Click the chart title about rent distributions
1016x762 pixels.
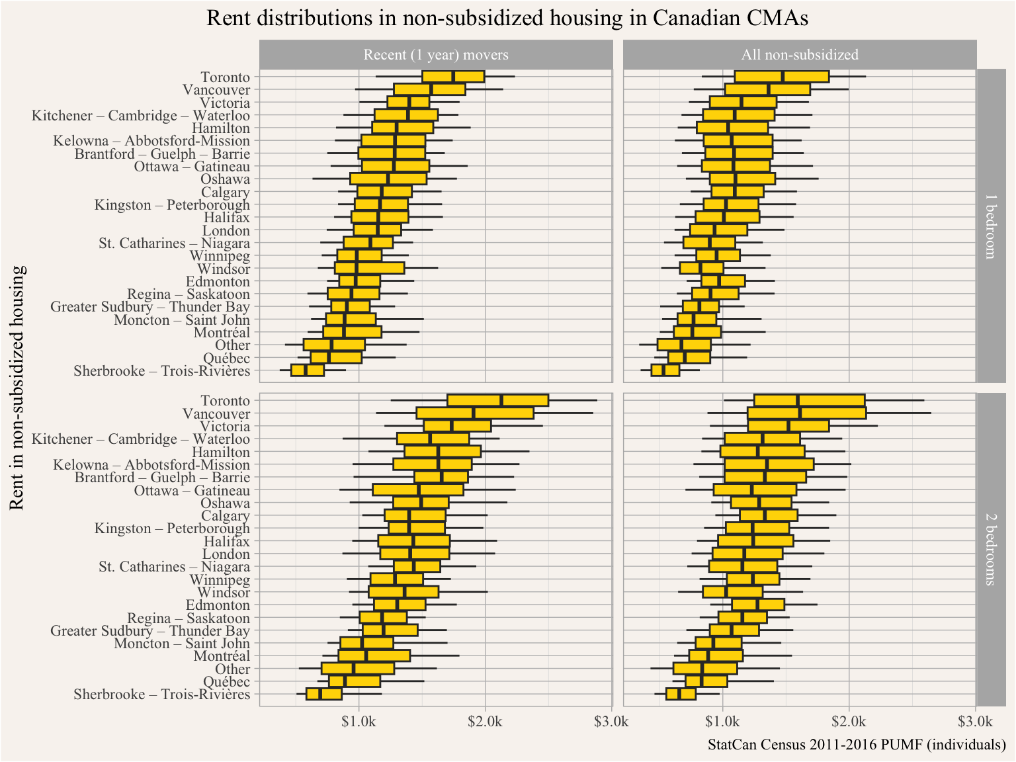coord(507,18)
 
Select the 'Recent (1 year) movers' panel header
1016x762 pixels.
coord(436,55)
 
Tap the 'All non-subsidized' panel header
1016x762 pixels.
coord(800,55)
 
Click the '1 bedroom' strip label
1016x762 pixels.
coord(990,226)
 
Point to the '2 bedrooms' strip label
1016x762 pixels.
coord(990,549)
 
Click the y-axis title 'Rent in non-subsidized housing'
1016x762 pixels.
coord(18,388)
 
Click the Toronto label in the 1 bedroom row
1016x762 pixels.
coord(225,77)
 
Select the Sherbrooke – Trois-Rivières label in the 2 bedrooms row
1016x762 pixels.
coord(162,695)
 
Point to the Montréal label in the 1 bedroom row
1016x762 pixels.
coord(222,333)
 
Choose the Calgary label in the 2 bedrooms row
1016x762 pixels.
coord(226,516)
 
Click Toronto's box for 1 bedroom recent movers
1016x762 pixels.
coord(453,77)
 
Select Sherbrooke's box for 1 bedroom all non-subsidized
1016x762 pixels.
coord(665,370)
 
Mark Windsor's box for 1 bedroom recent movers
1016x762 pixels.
coord(369,269)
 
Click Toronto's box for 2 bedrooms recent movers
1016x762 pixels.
coord(497,400)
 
